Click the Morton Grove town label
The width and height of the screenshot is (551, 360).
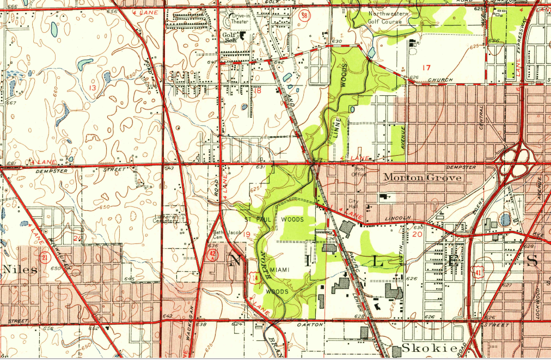(423, 178)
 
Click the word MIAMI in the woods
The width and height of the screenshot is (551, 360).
(279, 270)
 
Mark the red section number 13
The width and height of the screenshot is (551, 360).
(93, 88)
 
